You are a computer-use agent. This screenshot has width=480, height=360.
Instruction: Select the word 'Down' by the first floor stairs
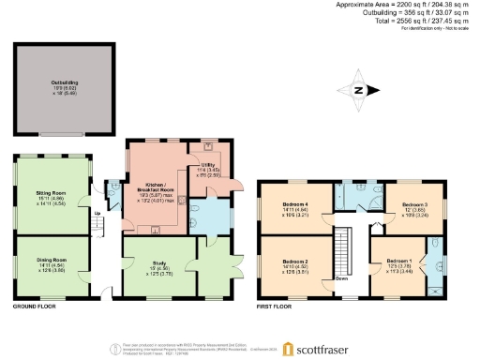[x=342, y=278]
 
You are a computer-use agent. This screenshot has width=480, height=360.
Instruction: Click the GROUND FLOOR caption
[x=36, y=307]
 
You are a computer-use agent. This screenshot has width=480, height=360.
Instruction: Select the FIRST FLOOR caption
[x=276, y=307]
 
